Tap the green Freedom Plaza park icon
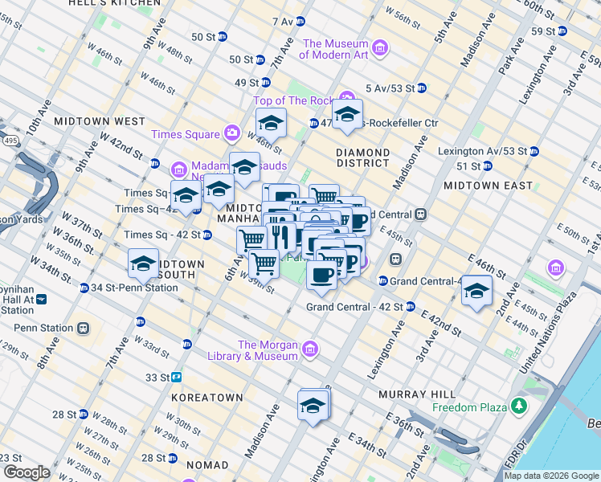point(520,406)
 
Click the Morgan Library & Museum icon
point(310,349)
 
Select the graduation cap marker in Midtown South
point(144,263)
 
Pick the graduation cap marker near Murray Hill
point(313,405)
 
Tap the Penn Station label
point(45,328)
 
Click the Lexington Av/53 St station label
point(482,151)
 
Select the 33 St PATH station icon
point(176,377)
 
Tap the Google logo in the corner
point(26,472)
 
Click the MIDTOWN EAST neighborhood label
point(488,186)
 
